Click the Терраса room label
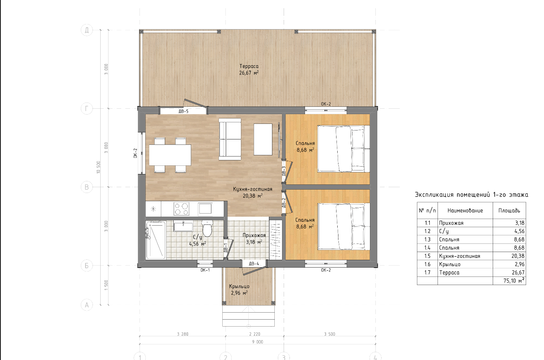point(249,66)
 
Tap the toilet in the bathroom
point(207,228)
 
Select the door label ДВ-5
point(183,111)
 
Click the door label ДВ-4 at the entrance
point(254,264)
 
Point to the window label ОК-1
point(205,270)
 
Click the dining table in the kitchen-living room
point(170,155)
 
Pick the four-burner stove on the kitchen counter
point(181,209)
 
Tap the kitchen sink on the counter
point(205,209)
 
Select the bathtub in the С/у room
point(156,240)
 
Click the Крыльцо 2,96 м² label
point(239,290)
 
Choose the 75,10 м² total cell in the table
point(514,281)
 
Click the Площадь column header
point(509,210)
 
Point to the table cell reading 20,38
point(518,256)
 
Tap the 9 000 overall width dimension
point(258,342)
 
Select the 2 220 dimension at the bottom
point(255,334)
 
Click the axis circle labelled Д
point(87,30)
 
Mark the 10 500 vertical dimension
point(98,167)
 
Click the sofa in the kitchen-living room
point(230,139)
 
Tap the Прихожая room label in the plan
point(254,235)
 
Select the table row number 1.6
point(427,264)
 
